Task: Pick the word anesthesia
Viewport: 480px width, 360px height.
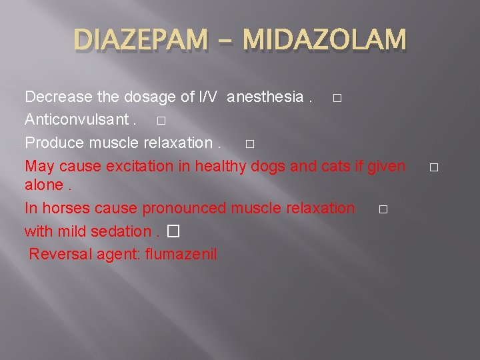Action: point(265,97)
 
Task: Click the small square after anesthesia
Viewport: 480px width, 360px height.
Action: point(337,99)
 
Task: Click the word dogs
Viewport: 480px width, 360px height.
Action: point(269,165)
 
